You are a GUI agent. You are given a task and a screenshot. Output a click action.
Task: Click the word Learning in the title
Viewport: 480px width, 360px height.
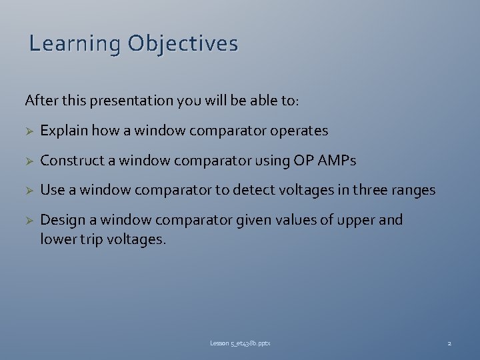click(x=75, y=44)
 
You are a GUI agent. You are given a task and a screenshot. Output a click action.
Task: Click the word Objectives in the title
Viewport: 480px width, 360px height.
click(x=183, y=44)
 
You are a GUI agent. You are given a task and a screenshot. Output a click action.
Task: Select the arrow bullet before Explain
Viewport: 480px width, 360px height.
click(x=29, y=131)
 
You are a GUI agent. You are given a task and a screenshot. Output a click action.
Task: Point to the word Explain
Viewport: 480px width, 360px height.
click(x=64, y=131)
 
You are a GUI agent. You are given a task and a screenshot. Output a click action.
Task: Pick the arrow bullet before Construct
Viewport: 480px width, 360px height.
click(x=29, y=161)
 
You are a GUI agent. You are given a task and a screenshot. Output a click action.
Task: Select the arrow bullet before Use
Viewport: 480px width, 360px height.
click(x=29, y=191)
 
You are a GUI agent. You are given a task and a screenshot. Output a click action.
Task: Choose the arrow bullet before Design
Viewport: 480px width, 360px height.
click(x=29, y=221)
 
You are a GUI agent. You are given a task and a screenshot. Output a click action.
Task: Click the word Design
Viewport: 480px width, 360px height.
click(x=61, y=220)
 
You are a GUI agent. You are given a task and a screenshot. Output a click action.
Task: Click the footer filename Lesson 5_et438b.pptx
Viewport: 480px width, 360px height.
click(x=240, y=343)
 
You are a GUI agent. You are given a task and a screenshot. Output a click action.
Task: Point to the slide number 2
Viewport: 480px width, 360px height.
click(x=449, y=343)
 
